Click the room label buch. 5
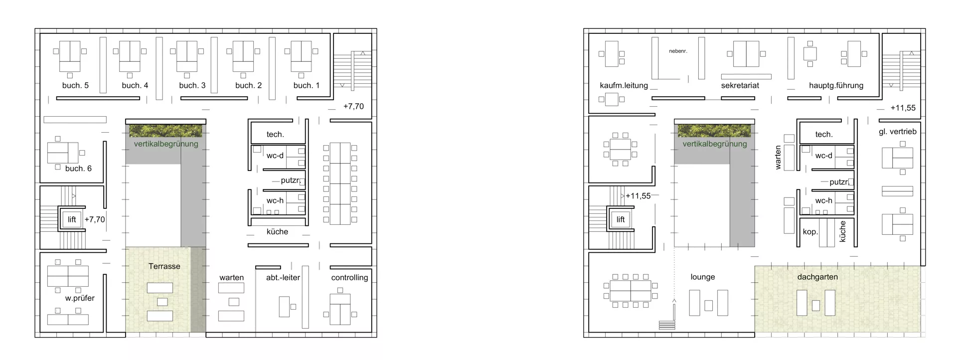coord(75,85)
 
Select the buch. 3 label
coord(192,85)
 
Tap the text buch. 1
coord(307,85)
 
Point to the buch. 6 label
coord(78,169)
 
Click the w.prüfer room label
coord(80,298)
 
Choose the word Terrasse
coord(164,266)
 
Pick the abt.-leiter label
coord(283,277)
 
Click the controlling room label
coord(349,278)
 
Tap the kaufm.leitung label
coord(624,85)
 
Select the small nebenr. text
coord(678,51)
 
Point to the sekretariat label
coord(740,85)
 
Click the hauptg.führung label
coord(836,85)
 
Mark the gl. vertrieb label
coord(898,132)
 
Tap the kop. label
coord(810,232)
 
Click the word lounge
coord(703,277)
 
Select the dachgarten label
coord(817,277)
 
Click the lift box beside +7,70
coord(72,219)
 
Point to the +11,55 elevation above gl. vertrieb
coord(903,108)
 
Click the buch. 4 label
coord(135,85)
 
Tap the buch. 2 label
coord(249,85)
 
